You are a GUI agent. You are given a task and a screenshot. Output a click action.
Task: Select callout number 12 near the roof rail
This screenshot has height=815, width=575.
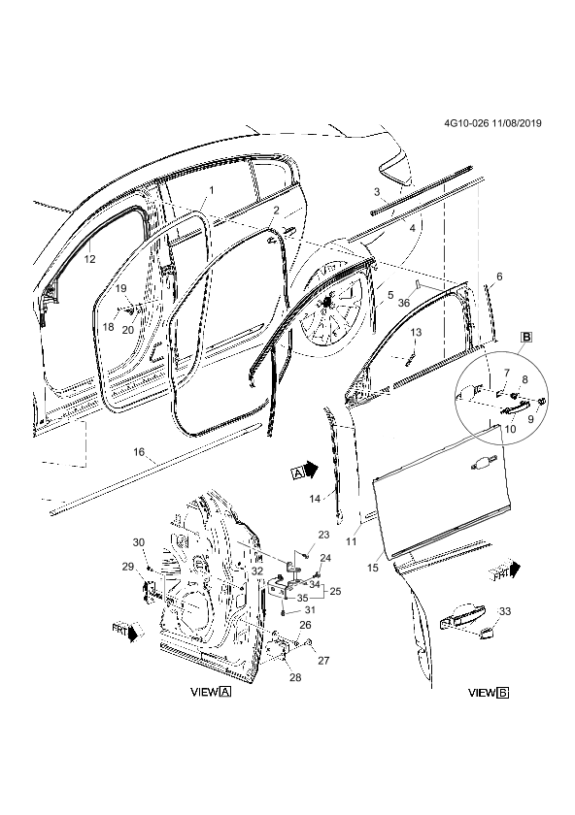[89, 259]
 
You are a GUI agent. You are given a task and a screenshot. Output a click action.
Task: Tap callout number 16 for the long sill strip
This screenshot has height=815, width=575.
[140, 452]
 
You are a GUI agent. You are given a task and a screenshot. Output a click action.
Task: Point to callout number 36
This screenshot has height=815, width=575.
[404, 303]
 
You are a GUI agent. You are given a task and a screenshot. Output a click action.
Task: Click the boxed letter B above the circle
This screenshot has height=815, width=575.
[526, 338]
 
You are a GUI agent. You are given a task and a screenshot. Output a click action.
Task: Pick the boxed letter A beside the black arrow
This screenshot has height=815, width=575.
[297, 473]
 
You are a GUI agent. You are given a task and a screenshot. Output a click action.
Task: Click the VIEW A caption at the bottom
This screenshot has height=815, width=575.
[212, 693]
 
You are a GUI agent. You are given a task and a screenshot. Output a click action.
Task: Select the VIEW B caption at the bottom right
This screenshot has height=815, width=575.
[489, 693]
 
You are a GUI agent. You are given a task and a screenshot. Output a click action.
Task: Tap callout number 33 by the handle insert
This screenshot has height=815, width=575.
[505, 611]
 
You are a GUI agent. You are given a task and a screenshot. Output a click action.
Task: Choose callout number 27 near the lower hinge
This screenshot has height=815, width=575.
[323, 661]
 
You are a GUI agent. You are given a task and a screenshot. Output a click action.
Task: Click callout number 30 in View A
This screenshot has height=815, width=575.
[139, 542]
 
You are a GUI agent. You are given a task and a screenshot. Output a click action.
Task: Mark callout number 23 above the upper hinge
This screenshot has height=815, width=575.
[323, 535]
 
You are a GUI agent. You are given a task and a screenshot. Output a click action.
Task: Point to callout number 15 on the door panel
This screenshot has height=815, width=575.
[373, 569]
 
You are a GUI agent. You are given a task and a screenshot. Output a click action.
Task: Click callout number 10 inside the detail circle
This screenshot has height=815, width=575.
[510, 429]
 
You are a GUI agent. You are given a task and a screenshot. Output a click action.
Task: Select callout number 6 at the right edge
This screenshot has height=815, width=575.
[499, 277]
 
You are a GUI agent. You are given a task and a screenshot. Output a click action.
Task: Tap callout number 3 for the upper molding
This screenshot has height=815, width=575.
[377, 192]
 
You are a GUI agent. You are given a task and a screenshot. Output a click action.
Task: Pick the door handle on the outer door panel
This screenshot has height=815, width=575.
[483, 463]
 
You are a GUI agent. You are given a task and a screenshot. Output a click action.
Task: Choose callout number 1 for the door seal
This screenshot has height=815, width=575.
[212, 190]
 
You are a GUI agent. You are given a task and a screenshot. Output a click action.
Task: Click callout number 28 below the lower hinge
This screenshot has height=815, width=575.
[295, 677]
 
